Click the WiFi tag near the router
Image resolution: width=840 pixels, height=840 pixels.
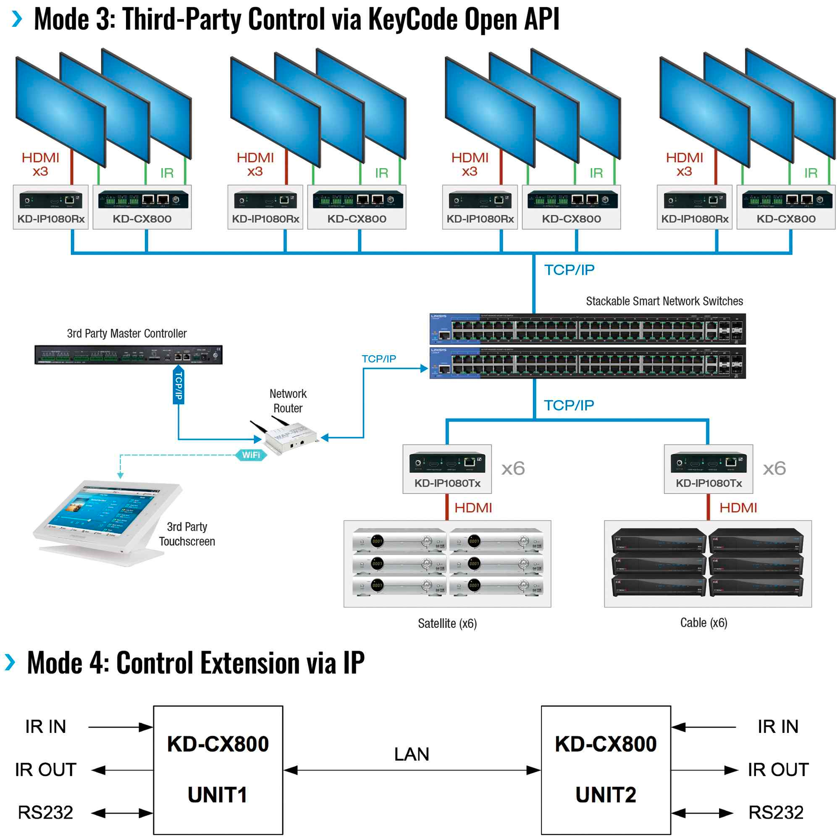[251, 455]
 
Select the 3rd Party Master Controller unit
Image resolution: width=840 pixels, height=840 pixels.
[128, 355]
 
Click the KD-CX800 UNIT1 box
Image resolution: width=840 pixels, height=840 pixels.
[218, 769]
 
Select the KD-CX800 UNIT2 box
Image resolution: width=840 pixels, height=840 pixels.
[606, 769]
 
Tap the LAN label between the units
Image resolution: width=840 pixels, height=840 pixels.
[411, 754]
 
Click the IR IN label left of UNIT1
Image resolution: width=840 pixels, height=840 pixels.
[46, 727]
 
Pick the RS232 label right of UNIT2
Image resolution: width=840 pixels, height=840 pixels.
[776, 812]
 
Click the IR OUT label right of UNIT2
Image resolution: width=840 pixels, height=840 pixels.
[778, 769]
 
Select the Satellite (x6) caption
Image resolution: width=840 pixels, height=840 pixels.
[447, 623]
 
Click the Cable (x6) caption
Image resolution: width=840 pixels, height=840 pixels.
[703, 622]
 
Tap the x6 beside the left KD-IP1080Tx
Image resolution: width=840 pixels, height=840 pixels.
[513, 469]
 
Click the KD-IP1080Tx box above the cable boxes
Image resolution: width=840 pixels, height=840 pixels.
[708, 469]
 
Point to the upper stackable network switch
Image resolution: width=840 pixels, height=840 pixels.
[588, 329]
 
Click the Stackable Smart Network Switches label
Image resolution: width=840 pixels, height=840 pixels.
[664, 301]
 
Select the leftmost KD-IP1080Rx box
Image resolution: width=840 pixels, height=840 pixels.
[51, 207]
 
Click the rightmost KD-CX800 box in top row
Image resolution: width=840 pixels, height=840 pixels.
[786, 207]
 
